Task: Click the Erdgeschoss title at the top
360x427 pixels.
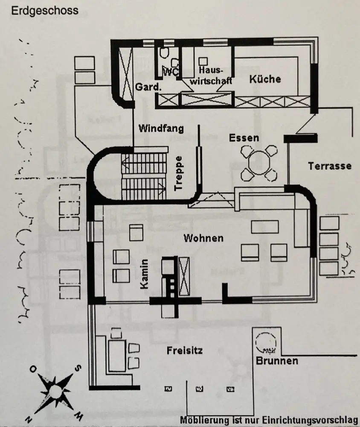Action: click(45, 11)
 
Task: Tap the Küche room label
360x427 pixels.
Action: click(265, 79)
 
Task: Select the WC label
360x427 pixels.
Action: click(171, 73)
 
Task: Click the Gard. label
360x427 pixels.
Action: click(148, 87)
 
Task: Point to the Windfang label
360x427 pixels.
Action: click(161, 128)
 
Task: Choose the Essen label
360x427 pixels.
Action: click(244, 138)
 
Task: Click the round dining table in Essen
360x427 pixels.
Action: click(258, 162)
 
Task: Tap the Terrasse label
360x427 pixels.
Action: click(330, 166)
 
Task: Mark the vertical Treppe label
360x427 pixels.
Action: click(179, 173)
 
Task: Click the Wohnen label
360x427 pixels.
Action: click(203, 238)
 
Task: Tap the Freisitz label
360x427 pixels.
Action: click(184, 351)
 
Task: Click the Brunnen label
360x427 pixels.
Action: click(277, 361)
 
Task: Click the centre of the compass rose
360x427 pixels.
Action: click(54, 392)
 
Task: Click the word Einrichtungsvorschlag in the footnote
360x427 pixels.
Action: click(316, 420)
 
